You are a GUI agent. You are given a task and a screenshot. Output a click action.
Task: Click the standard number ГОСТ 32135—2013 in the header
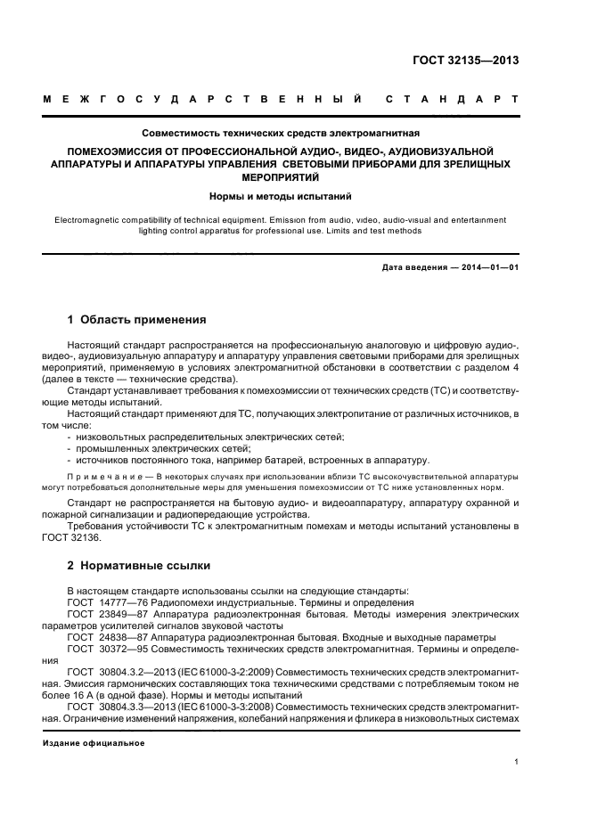pyautogui.click(x=466, y=61)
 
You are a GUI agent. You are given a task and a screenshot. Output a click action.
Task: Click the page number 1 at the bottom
pyautogui.click(x=516, y=762)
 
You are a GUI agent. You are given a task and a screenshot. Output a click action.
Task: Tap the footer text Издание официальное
pyautogui.click(x=94, y=742)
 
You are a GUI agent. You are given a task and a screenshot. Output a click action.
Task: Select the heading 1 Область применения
pyautogui.click(x=137, y=319)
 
